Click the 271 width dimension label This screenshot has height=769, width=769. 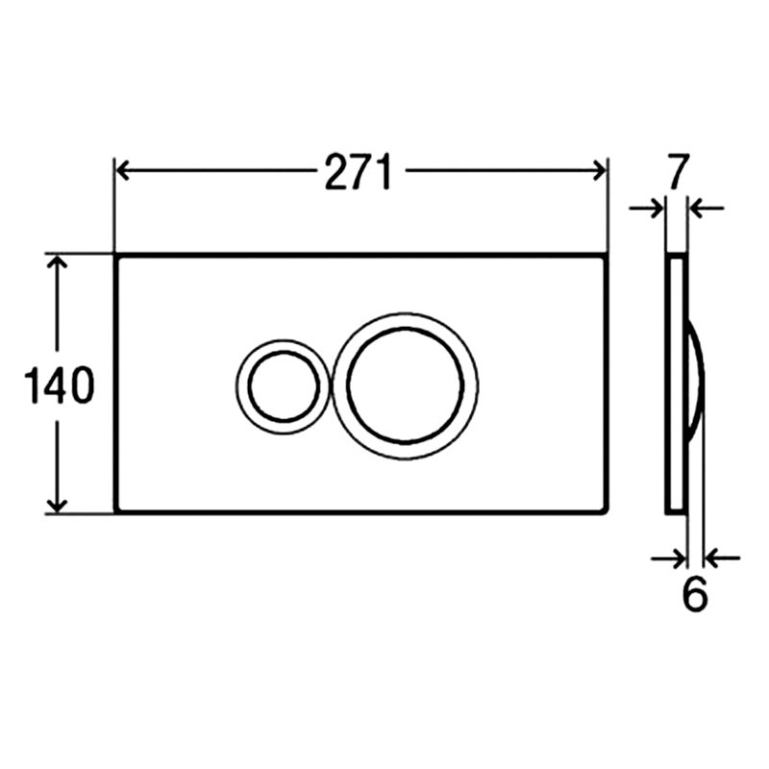point(359,171)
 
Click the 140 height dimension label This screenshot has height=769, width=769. point(59,385)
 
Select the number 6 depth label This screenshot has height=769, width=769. point(695,594)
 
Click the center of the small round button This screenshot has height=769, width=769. point(284,386)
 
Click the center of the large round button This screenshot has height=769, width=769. point(405,385)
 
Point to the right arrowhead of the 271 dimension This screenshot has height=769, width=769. point(600,171)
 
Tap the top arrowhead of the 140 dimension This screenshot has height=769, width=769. point(58,262)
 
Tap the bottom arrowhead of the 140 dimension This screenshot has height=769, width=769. point(58,506)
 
